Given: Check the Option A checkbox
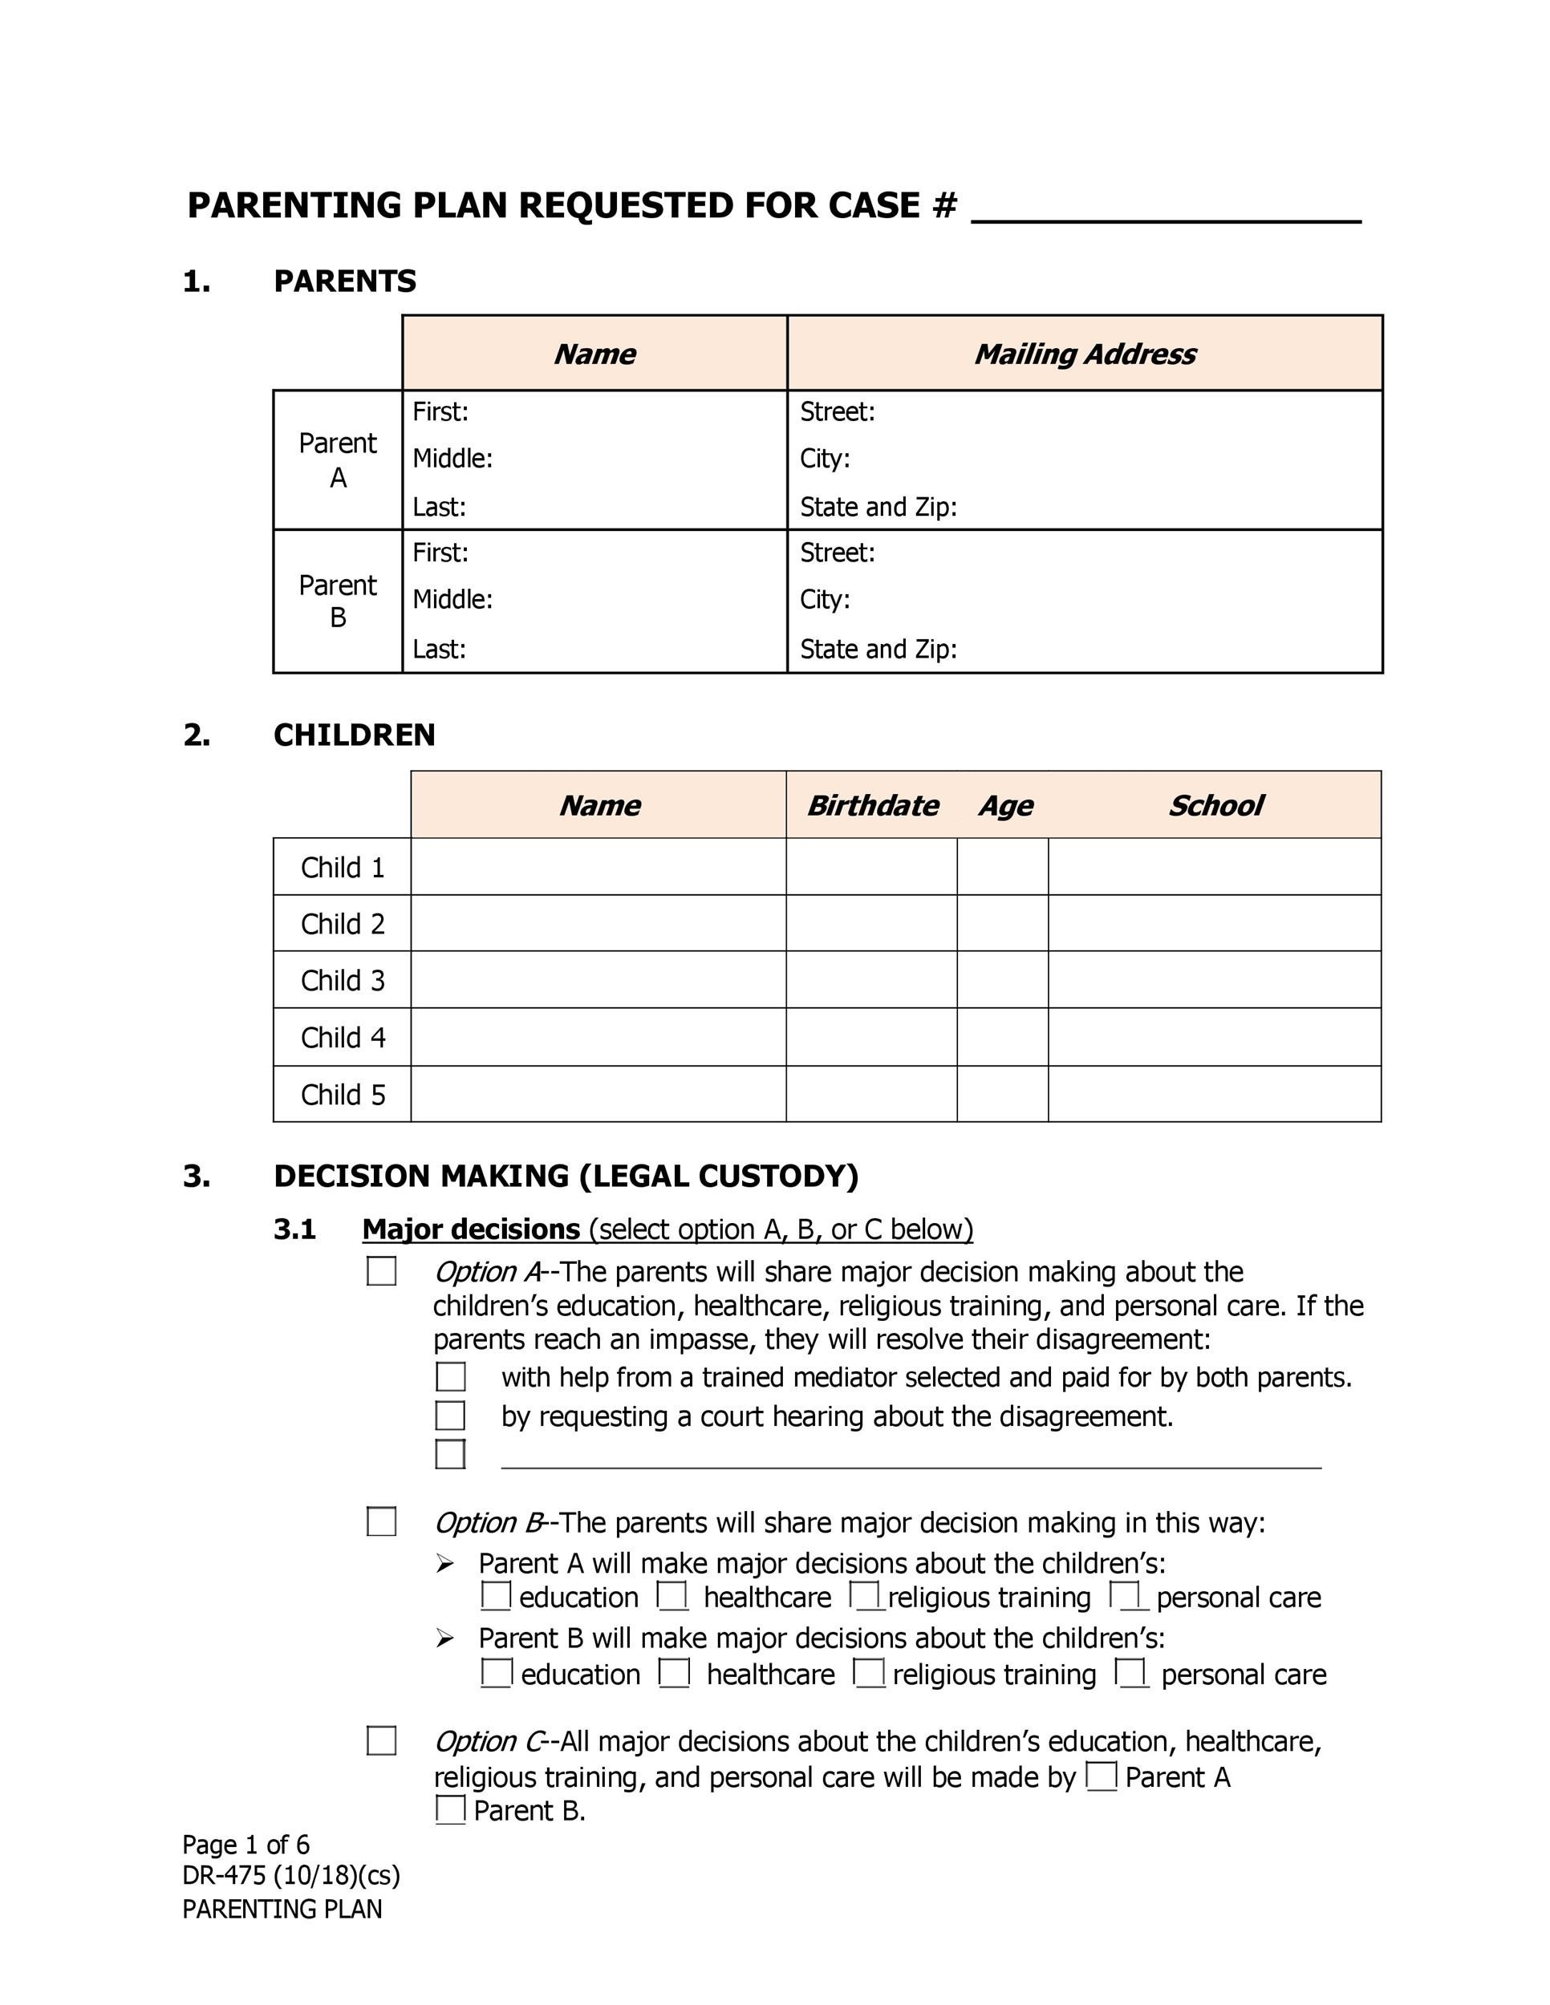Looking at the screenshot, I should click(x=381, y=1271).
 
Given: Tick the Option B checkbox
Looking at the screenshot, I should click(x=381, y=1522).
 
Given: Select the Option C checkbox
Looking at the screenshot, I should click(x=381, y=1740).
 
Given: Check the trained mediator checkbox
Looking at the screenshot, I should click(x=450, y=1377).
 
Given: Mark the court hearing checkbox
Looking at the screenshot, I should click(x=450, y=1416).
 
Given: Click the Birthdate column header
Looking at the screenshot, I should click(x=871, y=805).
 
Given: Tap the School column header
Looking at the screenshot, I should click(x=1214, y=805).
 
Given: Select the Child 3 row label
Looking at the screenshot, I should click(x=343, y=981).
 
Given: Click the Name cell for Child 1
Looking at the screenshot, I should click(x=598, y=867).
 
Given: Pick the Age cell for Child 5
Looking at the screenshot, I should click(x=1002, y=1094).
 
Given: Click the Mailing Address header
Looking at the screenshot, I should click(x=1085, y=354).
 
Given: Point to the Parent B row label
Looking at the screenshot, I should click(x=338, y=601).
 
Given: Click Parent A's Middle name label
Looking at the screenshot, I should click(x=452, y=458).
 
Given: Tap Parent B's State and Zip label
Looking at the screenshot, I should click(x=878, y=649).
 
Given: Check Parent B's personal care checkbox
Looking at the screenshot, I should click(x=1131, y=1673).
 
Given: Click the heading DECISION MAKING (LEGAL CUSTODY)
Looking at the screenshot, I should click(x=566, y=1176).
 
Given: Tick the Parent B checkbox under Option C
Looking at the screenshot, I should click(x=450, y=1809).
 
